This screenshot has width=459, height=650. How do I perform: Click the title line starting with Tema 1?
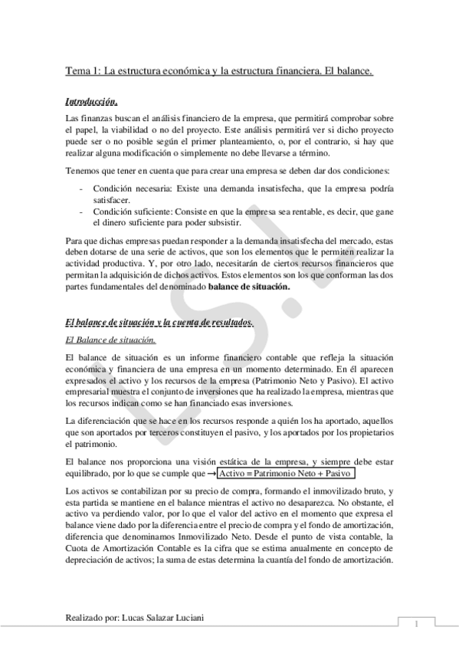(219, 71)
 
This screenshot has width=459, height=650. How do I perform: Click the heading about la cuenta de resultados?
(165, 323)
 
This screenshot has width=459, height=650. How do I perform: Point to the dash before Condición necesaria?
(81, 187)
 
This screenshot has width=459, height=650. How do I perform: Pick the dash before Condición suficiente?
(81, 211)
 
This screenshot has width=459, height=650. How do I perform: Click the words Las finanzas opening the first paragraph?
(87, 118)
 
